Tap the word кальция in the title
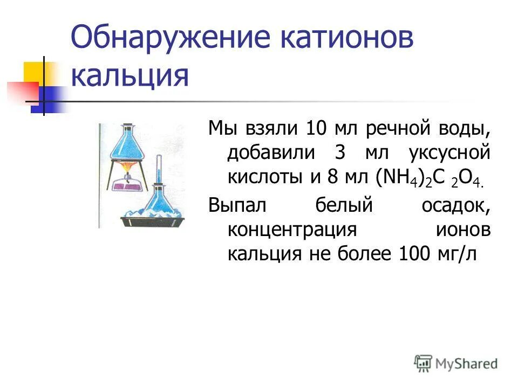130,77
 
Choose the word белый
336,205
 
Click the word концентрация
292,229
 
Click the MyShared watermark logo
456,364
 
